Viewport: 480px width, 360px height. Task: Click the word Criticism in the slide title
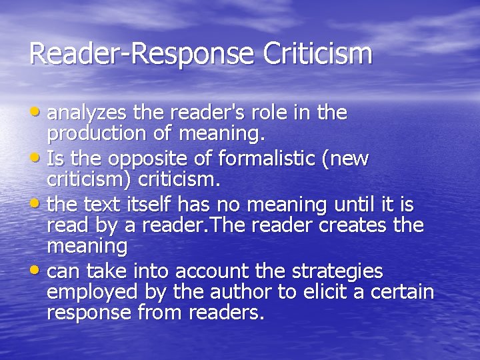[x=318, y=54]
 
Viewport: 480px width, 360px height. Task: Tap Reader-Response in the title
[x=142, y=54]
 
